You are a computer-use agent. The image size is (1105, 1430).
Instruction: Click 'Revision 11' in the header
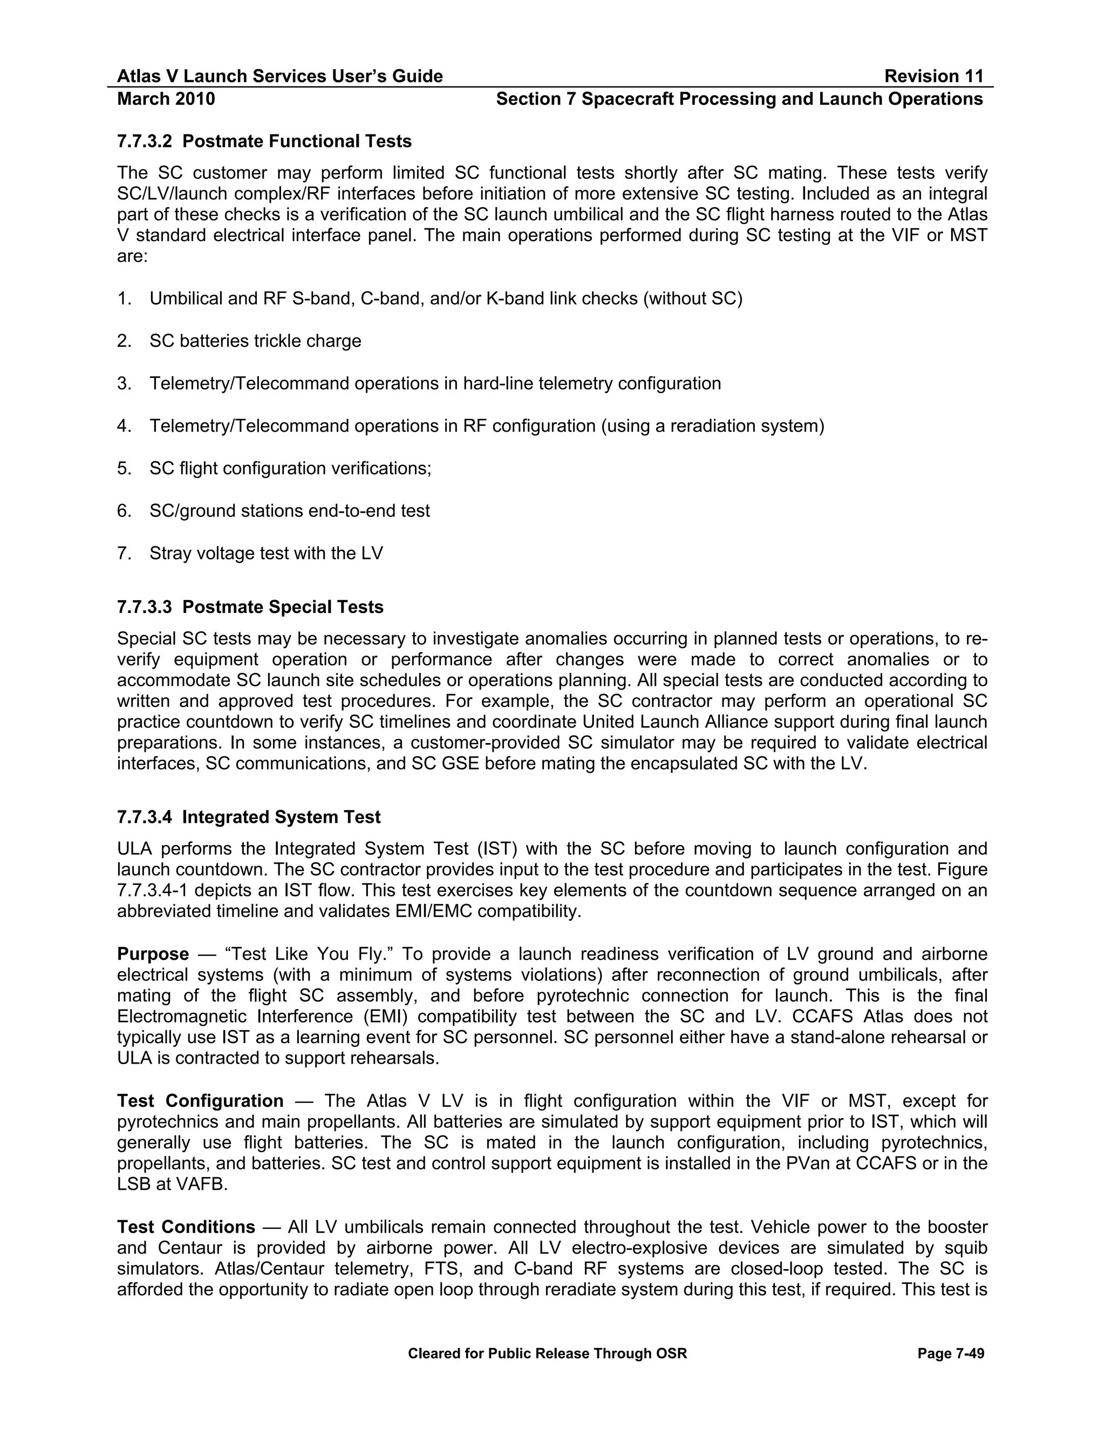click(x=933, y=77)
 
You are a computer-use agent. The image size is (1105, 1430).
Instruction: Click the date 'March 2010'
click(x=166, y=99)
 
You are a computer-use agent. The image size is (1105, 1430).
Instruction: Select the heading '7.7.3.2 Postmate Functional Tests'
click(x=264, y=141)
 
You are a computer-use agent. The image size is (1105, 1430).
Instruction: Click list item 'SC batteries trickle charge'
click(x=255, y=341)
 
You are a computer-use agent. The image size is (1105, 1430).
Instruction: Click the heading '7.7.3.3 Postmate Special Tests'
click(x=250, y=607)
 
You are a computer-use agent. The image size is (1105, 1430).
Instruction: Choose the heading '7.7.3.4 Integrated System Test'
click(x=249, y=817)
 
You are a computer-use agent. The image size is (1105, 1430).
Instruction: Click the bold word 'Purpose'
click(x=153, y=954)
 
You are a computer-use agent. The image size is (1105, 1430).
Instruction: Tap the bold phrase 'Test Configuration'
click(x=200, y=1101)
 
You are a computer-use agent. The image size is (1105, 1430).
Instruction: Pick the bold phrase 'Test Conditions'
click(x=186, y=1227)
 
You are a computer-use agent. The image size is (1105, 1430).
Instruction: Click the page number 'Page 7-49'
click(x=951, y=1353)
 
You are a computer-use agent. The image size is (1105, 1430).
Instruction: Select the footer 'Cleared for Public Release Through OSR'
click(x=547, y=1353)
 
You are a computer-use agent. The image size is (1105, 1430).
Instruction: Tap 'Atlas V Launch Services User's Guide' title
click(x=279, y=77)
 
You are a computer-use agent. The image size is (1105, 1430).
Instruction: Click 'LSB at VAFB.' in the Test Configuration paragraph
click(x=172, y=1185)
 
